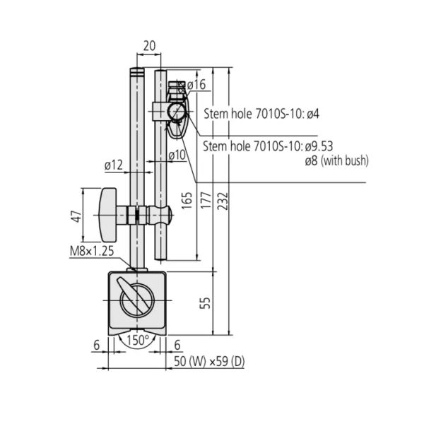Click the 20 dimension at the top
(149, 45)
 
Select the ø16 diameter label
(196, 85)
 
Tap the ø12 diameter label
(114, 165)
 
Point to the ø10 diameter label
(177, 155)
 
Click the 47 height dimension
(73, 216)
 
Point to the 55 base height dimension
(204, 303)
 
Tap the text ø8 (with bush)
(336, 161)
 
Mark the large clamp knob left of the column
(110, 213)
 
